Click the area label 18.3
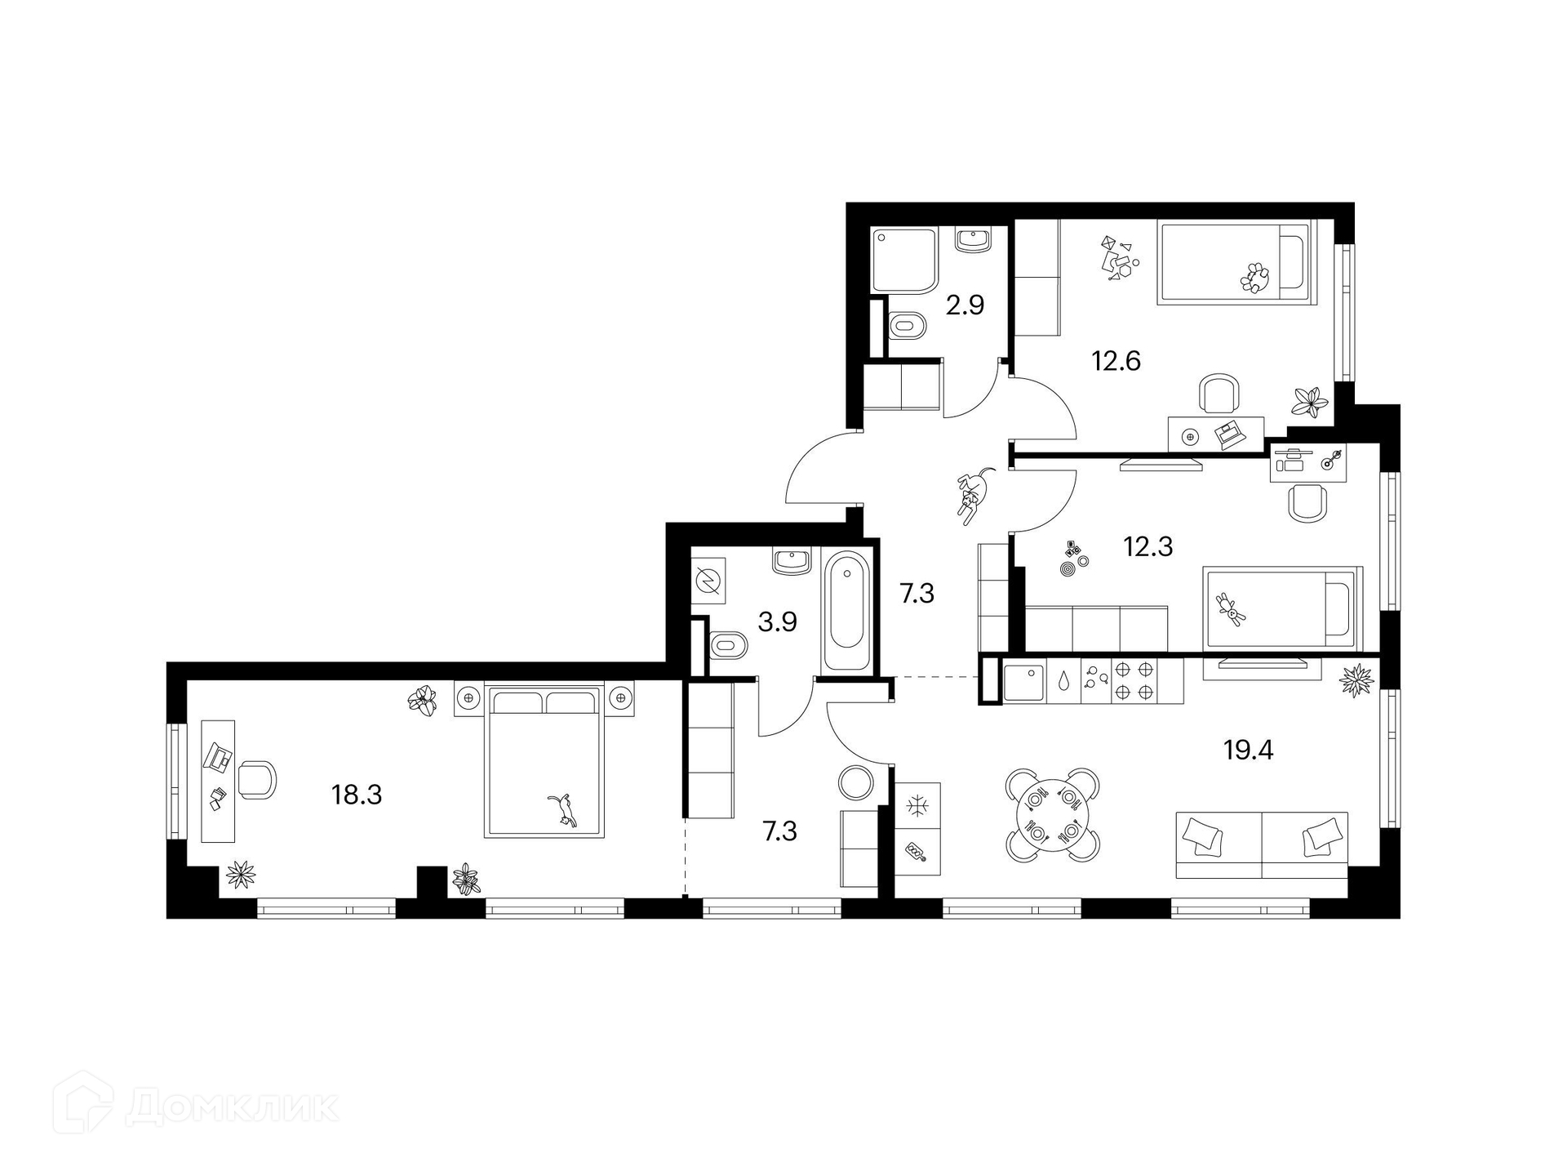pos(357,794)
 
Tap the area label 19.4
pos(1248,749)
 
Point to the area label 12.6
pos(1116,360)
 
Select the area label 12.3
pos(1148,546)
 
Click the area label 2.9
pos(965,305)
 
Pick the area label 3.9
pos(777,622)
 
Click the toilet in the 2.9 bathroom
pos(907,325)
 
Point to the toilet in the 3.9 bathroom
pos(729,646)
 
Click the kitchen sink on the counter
pos(1023,683)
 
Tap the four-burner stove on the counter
pos(1134,681)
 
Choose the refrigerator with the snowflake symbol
pos(918,806)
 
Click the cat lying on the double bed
pos(562,811)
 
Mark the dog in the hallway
pos(975,493)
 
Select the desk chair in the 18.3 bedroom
pos(258,780)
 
